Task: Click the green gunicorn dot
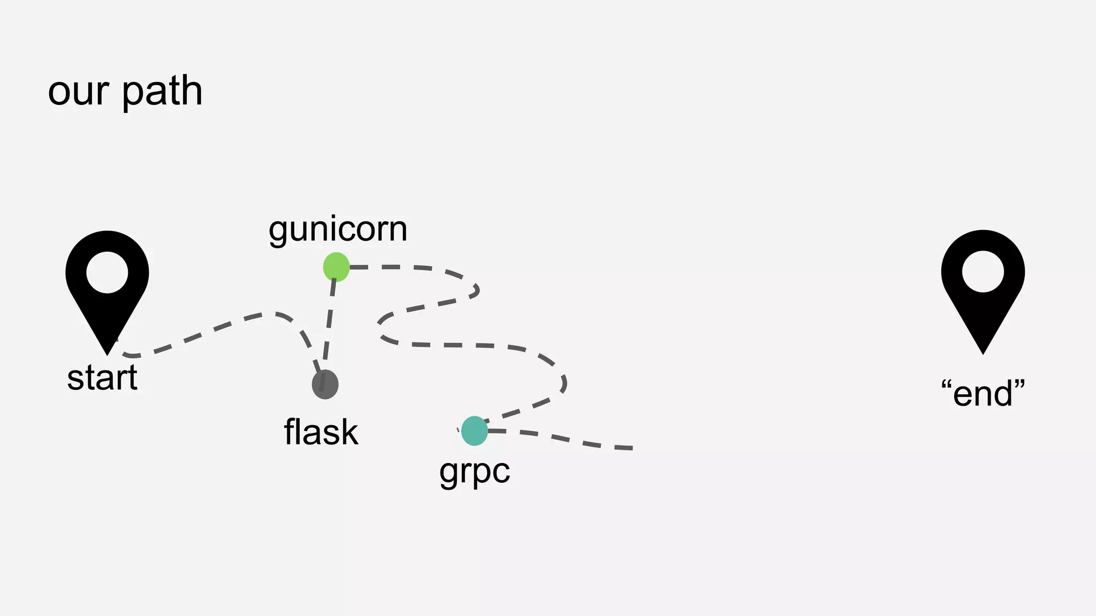point(336,267)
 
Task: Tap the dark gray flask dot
point(325,384)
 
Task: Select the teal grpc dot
point(474,430)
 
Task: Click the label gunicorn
point(338,229)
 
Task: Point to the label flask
point(321,432)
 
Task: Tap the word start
point(102,378)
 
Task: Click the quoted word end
point(983,394)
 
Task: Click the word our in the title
point(79,91)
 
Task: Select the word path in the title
point(162,91)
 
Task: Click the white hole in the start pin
point(107,272)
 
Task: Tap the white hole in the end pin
point(983,272)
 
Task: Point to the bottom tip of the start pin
point(108,353)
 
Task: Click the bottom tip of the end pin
point(983,352)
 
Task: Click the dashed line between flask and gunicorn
point(329,326)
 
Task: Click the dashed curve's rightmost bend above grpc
point(565,382)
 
